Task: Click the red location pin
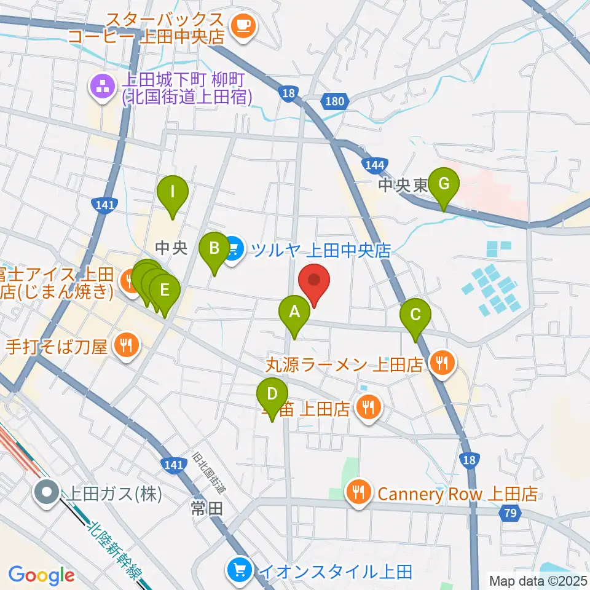(315, 282)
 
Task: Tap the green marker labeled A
(294, 313)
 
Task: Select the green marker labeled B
(214, 250)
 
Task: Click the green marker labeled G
(444, 184)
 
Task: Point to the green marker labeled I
(173, 193)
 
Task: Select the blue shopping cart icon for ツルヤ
(232, 250)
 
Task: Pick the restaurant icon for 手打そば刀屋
(126, 346)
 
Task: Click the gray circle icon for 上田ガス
(47, 492)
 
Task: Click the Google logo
(41, 575)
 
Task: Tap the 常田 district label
(202, 508)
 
